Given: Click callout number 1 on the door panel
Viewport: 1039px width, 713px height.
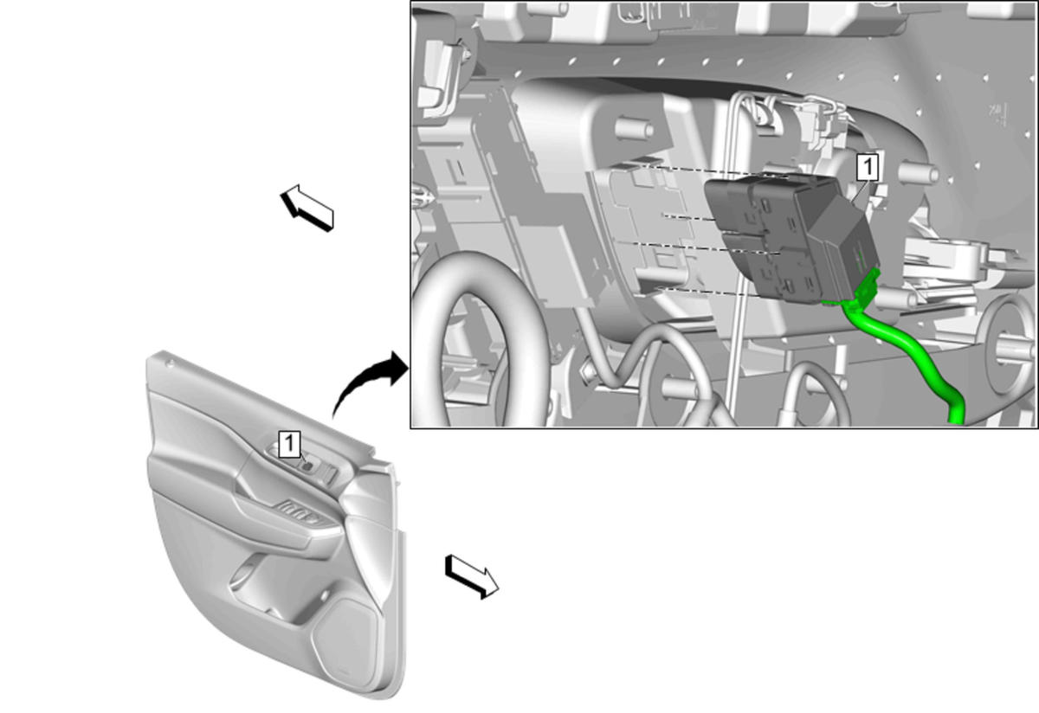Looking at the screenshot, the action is pyautogui.click(x=289, y=444).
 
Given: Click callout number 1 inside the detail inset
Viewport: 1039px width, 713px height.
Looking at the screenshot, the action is pyautogui.click(x=867, y=167).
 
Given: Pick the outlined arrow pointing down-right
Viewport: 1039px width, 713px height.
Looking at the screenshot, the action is pyautogui.click(x=472, y=576).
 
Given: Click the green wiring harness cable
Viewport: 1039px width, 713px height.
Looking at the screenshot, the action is pyautogui.click(x=909, y=357).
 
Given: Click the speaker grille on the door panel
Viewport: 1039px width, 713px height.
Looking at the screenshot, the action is pyautogui.click(x=345, y=641).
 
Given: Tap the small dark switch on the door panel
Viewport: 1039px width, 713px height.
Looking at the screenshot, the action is pyautogui.click(x=307, y=465).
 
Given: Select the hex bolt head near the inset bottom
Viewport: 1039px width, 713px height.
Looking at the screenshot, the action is pyautogui.click(x=588, y=372).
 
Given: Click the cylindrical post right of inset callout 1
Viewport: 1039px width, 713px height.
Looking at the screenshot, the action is pyautogui.click(x=919, y=173).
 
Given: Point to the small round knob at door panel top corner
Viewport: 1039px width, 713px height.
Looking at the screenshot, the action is pyautogui.click(x=171, y=364).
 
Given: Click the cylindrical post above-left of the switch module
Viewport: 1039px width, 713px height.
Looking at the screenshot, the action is pyautogui.click(x=633, y=128).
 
